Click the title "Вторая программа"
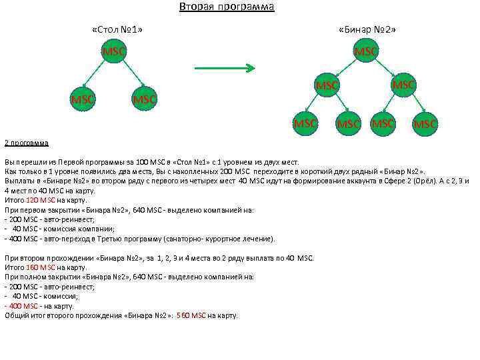pyautogui.click(x=227, y=7)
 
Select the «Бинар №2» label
pyautogui.click(x=366, y=30)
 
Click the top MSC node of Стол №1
pyautogui.click(x=113, y=51)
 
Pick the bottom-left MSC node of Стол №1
pyautogui.click(x=83, y=99)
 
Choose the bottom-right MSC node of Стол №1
pyautogui.click(x=144, y=99)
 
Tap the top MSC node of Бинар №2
pyautogui.click(x=366, y=51)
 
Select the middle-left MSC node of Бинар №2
pyautogui.click(x=327, y=86)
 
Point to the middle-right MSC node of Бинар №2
pyautogui.click(x=403, y=85)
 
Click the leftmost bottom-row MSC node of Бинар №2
pyautogui.click(x=306, y=123)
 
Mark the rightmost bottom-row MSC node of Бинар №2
pyautogui.click(x=426, y=124)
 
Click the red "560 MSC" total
pyautogui.click(x=193, y=315)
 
